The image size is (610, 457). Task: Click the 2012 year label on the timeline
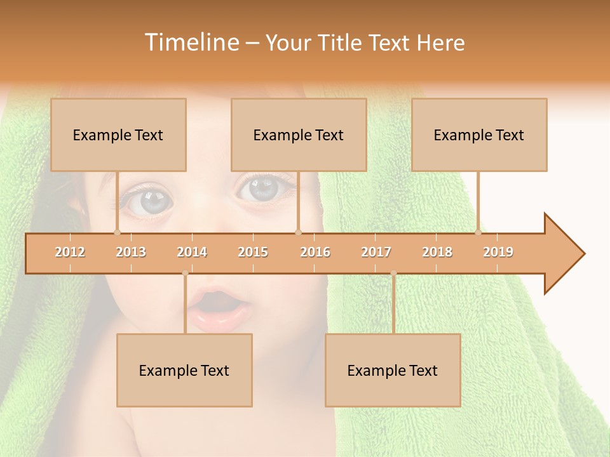pyautogui.click(x=70, y=252)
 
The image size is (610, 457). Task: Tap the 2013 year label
pyautogui.click(x=131, y=252)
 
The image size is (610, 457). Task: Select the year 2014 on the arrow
pyautogui.click(x=192, y=252)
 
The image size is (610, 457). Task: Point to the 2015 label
pyautogui.click(x=253, y=252)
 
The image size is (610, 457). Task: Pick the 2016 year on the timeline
pyautogui.click(x=315, y=252)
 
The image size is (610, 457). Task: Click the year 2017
pyautogui.click(x=376, y=252)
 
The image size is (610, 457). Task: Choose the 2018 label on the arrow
pyautogui.click(x=437, y=252)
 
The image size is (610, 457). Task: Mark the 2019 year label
pyautogui.click(x=498, y=252)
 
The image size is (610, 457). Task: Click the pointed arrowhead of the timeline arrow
pyautogui.click(x=566, y=253)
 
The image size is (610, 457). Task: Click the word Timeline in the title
pyautogui.click(x=191, y=43)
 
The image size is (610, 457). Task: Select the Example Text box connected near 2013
pyautogui.click(x=118, y=135)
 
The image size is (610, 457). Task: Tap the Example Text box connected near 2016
pyautogui.click(x=299, y=135)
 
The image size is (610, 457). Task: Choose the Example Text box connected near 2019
pyautogui.click(x=479, y=135)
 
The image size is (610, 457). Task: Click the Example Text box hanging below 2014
pyautogui.click(x=184, y=370)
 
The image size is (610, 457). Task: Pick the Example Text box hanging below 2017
pyautogui.click(x=393, y=370)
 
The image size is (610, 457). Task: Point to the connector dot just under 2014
pyautogui.click(x=185, y=274)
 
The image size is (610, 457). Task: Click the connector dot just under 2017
pyautogui.click(x=393, y=274)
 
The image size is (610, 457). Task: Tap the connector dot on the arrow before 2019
pyautogui.click(x=478, y=232)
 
